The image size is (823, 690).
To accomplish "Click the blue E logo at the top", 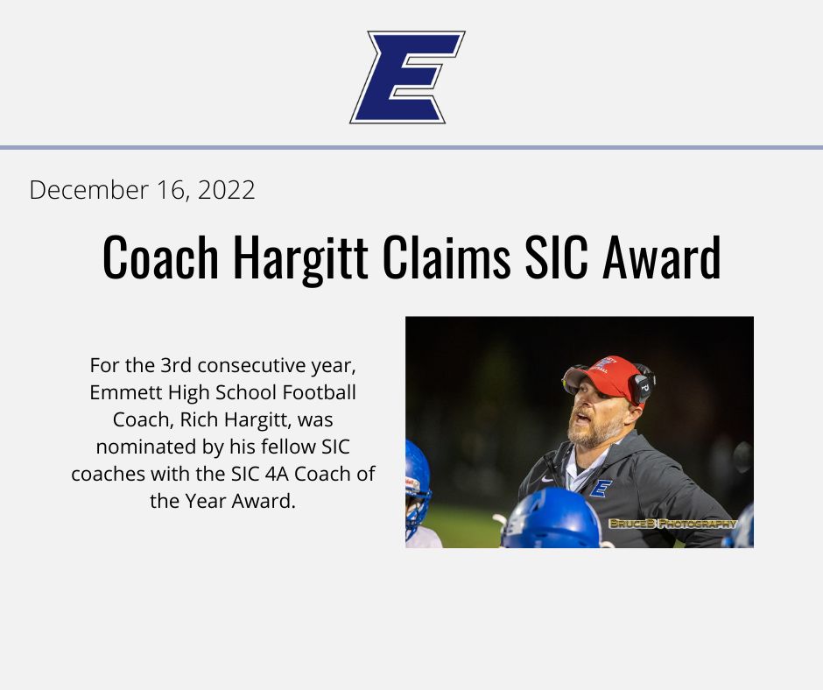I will pos(407,77).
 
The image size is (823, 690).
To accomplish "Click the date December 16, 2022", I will pos(142,190).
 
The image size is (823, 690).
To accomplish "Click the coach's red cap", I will pos(606,374).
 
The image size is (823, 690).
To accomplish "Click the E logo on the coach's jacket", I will pos(601,488).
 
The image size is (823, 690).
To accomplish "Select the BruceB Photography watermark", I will pos(672,524).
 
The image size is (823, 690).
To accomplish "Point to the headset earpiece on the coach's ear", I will pos(641,386).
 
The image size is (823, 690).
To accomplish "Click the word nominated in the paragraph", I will pos(145,447).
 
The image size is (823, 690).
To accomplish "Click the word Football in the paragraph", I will pos(323,393).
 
